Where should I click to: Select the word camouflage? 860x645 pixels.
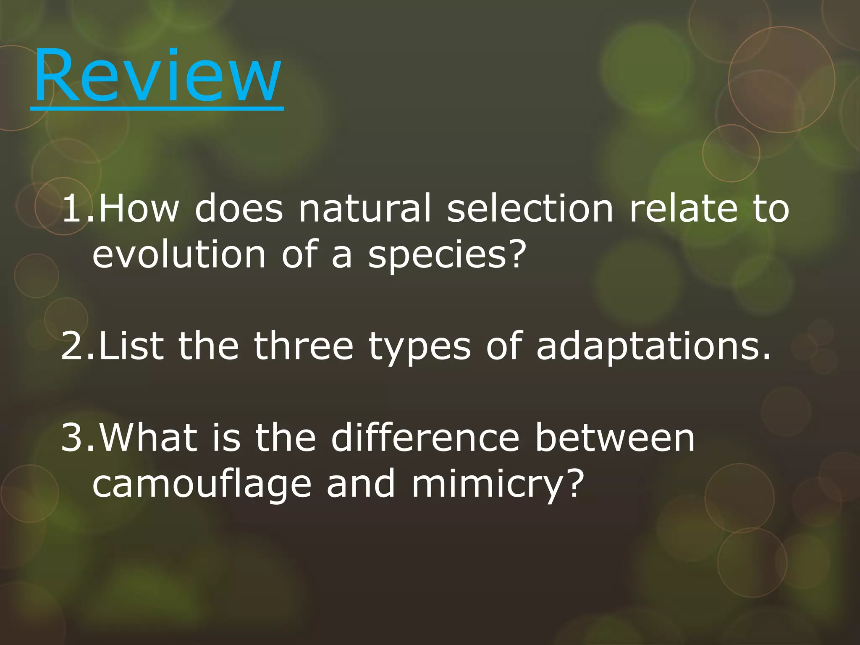(x=202, y=485)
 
